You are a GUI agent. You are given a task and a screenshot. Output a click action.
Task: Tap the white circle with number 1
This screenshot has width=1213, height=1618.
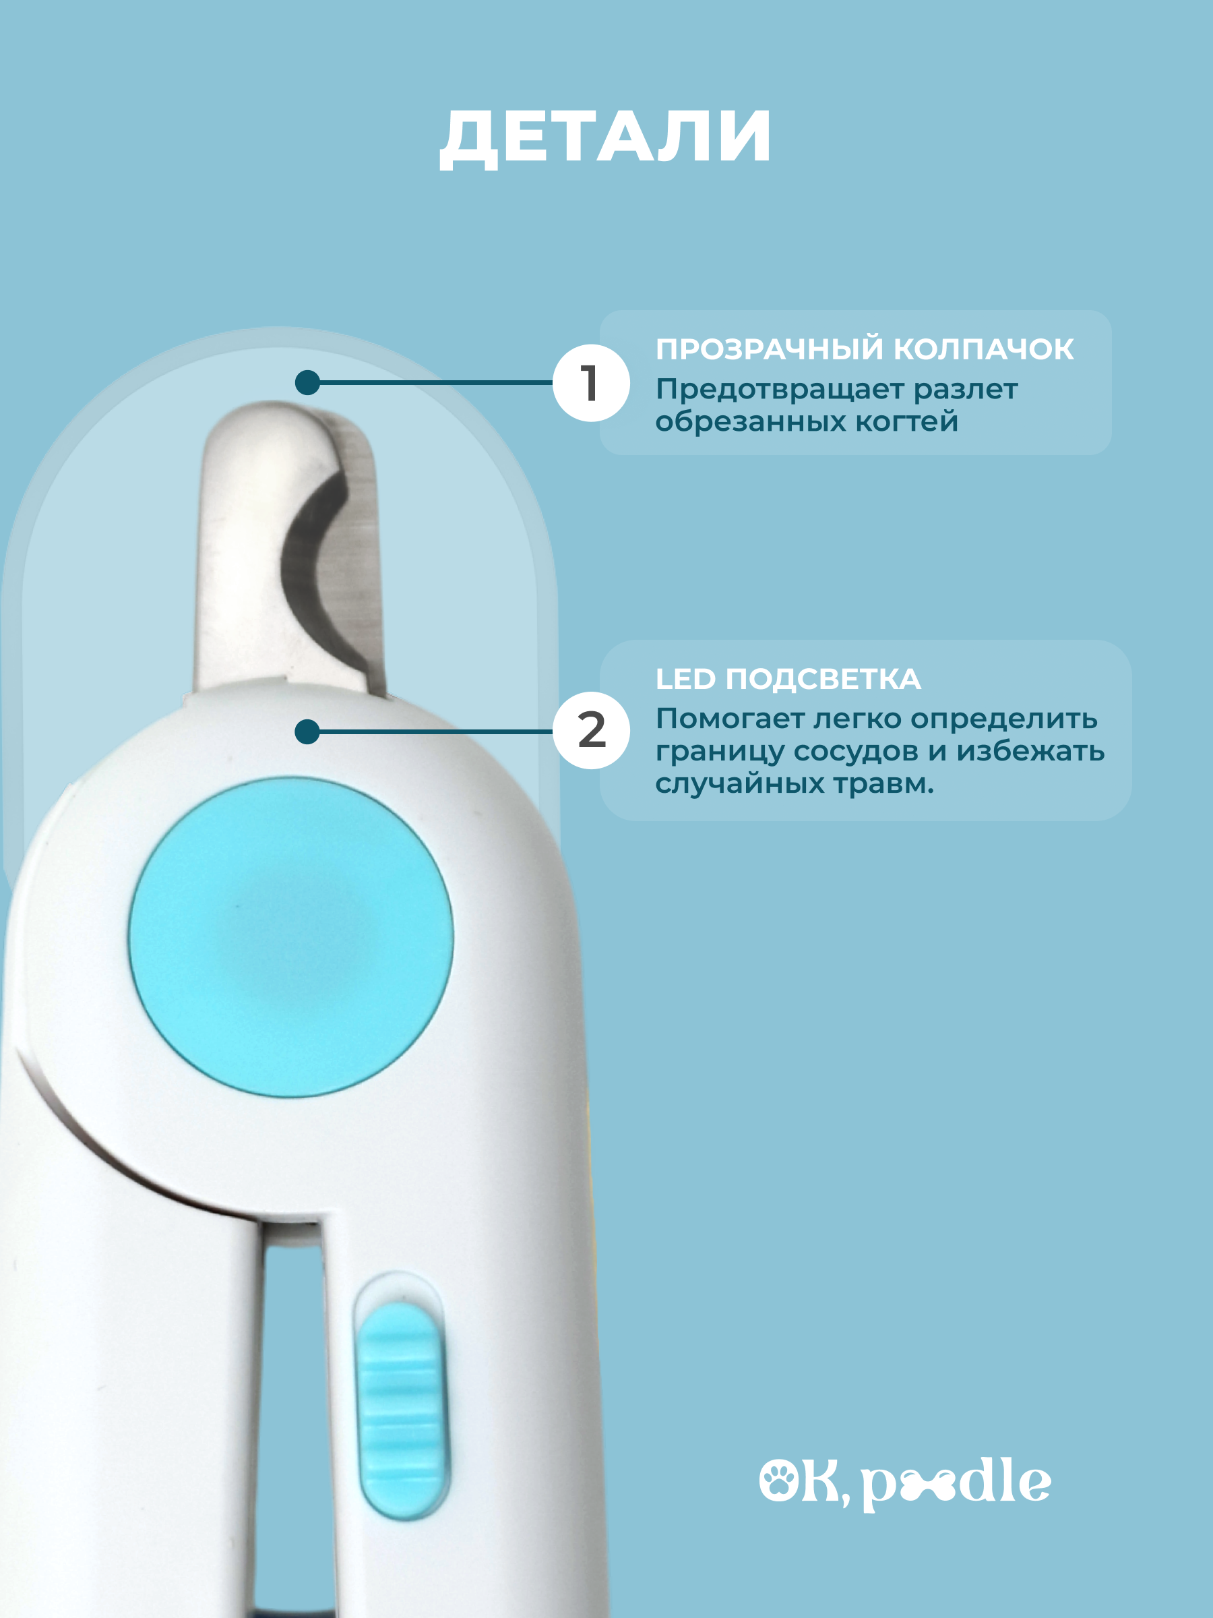(x=591, y=382)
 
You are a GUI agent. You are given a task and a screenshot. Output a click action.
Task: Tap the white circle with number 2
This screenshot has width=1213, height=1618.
(x=591, y=730)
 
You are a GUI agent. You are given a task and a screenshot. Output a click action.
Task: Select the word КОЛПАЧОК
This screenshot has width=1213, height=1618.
(x=984, y=350)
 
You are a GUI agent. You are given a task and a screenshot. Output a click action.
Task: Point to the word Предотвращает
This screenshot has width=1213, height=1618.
(x=780, y=390)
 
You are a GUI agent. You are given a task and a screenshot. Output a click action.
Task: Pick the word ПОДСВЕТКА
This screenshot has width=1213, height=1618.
(x=823, y=680)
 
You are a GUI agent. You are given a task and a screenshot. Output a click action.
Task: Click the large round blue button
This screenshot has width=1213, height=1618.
(x=291, y=937)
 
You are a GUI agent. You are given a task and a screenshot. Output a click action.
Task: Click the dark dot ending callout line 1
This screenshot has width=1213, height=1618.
(x=308, y=382)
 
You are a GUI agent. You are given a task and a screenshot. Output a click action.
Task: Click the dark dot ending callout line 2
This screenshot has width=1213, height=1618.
(x=308, y=731)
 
